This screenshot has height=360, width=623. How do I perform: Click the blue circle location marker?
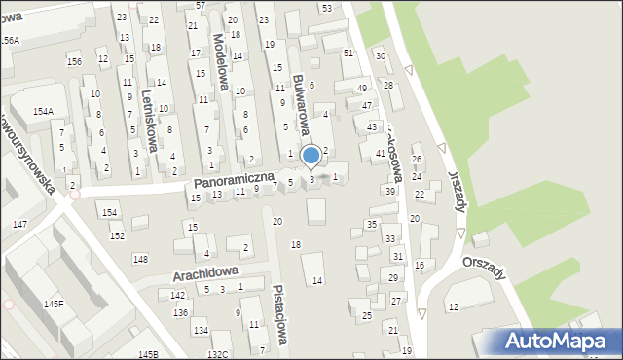pos(311,155)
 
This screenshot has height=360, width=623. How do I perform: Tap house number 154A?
pos(43,113)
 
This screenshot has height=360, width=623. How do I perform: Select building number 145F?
pos(54,305)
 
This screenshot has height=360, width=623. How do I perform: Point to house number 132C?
pos(217,354)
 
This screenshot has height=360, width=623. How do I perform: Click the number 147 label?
pos(19,225)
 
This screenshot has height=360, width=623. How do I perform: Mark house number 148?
pos(140,259)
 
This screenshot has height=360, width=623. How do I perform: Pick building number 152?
pos(117,236)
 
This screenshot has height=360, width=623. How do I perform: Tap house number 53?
pos(326,8)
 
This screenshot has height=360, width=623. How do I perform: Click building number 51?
pos(348,53)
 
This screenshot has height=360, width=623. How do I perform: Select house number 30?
pos(381,55)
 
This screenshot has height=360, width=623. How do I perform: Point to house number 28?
pos(387,86)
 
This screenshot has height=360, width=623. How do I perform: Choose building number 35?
pos(371,225)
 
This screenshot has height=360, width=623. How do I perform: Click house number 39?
pos(389,191)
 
